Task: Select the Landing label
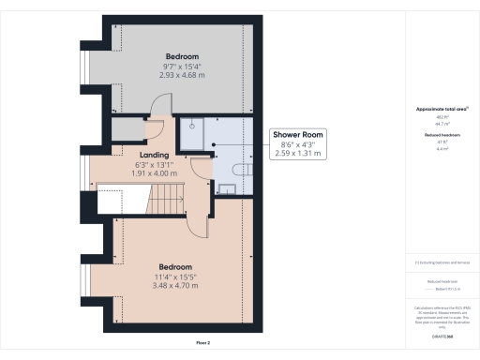click(154, 155)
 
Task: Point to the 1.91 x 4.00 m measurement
click(154, 174)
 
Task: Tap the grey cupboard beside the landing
click(125, 129)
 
